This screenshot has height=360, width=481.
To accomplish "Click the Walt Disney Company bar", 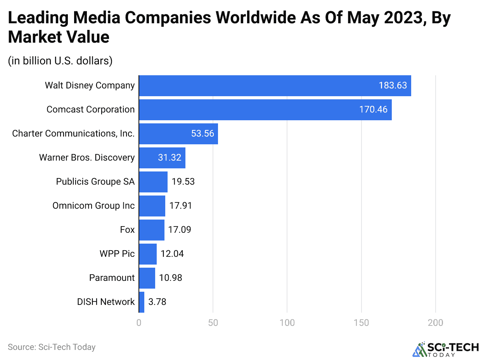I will point(275,86).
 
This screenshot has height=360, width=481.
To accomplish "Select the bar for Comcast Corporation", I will point(265,110).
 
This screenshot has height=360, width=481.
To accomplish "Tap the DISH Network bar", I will point(142,302).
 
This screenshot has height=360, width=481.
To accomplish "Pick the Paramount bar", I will point(147,278).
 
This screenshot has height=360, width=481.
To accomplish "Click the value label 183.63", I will point(393,86).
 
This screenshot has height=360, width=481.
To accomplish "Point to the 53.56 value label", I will point(202,134).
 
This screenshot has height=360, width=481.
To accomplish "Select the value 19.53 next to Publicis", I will point(183,182).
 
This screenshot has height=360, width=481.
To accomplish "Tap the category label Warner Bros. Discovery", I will point(87,158).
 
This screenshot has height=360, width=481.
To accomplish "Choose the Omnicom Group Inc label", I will point(93,206).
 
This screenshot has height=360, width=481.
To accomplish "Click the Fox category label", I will point(127,230).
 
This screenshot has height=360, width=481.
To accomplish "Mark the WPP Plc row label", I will point(117,254).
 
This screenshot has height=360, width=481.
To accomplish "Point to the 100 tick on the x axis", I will point(287,323).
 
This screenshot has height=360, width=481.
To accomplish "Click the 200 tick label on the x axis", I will point(435,323).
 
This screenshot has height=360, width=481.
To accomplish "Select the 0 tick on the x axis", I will point(139,323).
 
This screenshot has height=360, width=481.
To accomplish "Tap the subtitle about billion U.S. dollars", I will point(60,61).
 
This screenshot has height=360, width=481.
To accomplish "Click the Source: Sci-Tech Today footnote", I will point(52,347).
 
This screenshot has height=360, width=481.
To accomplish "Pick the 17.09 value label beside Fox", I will point(180,230).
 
